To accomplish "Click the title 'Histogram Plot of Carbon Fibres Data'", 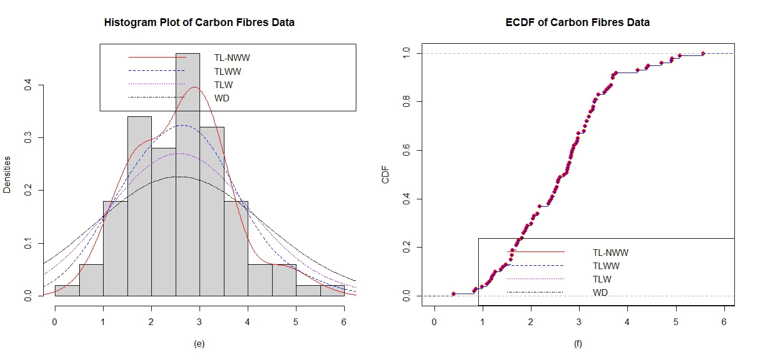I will (x=199, y=23).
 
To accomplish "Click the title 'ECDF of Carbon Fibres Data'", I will (x=577, y=23).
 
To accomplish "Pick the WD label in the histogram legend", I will (x=222, y=99).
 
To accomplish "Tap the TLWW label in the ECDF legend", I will (x=606, y=266).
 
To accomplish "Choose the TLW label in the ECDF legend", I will (x=603, y=280).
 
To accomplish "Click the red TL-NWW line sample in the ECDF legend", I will (x=535, y=252).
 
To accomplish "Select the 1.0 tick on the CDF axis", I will (x=406, y=53).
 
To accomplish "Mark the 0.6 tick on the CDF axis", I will (x=406, y=151).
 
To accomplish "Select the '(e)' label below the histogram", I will (x=199, y=344).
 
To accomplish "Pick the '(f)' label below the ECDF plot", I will (x=578, y=344).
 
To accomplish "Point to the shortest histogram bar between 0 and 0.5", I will (x=67, y=291).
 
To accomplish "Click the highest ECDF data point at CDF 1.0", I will (x=703, y=53).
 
